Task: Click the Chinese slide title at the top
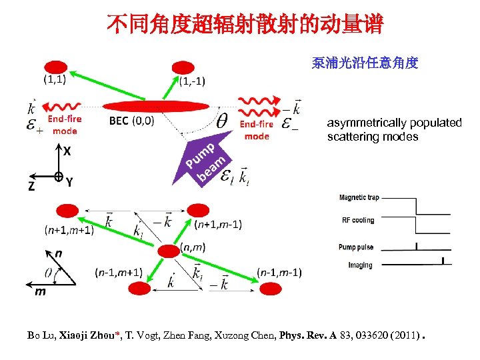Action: (x=244, y=25)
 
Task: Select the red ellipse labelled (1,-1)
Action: (x=183, y=67)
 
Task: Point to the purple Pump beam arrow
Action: (x=206, y=160)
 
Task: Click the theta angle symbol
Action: (x=221, y=123)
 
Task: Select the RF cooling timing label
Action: (x=358, y=220)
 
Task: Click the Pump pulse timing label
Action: (x=356, y=247)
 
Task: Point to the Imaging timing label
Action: (x=360, y=265)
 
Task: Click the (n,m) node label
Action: (x=194, y=247)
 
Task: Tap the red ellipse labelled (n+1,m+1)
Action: (x=67, y=211)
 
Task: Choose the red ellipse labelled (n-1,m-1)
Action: (x=271, y=288)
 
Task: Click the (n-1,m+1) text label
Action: (x=118, y=272)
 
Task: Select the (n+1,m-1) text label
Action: (x=218, y=223)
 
